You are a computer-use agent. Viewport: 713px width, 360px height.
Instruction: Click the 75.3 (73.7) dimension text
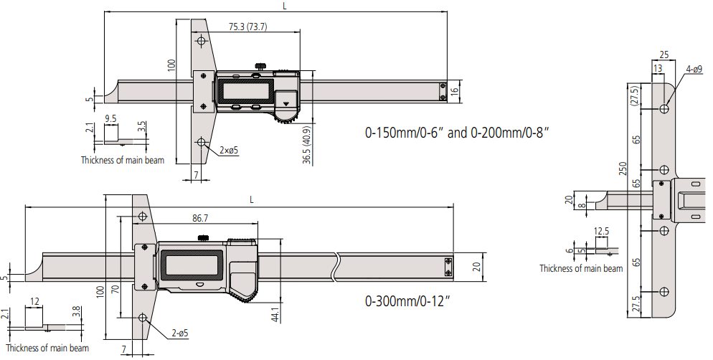248,27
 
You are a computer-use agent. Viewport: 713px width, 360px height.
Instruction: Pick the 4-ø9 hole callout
694,70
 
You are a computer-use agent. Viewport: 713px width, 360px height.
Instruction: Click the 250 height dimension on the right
624,169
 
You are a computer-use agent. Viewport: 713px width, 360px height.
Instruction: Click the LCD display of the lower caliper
190,264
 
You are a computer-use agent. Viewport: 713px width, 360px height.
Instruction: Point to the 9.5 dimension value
110,118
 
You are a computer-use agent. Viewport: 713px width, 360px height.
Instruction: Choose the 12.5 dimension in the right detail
602,231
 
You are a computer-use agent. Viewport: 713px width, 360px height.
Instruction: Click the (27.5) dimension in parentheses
634,95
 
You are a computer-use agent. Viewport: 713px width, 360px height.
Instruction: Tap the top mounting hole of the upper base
201,42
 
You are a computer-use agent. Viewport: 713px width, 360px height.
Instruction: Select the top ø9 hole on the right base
665,109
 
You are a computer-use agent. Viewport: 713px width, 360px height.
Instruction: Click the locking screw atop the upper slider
258,67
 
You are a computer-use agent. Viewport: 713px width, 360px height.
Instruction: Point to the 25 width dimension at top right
664,55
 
